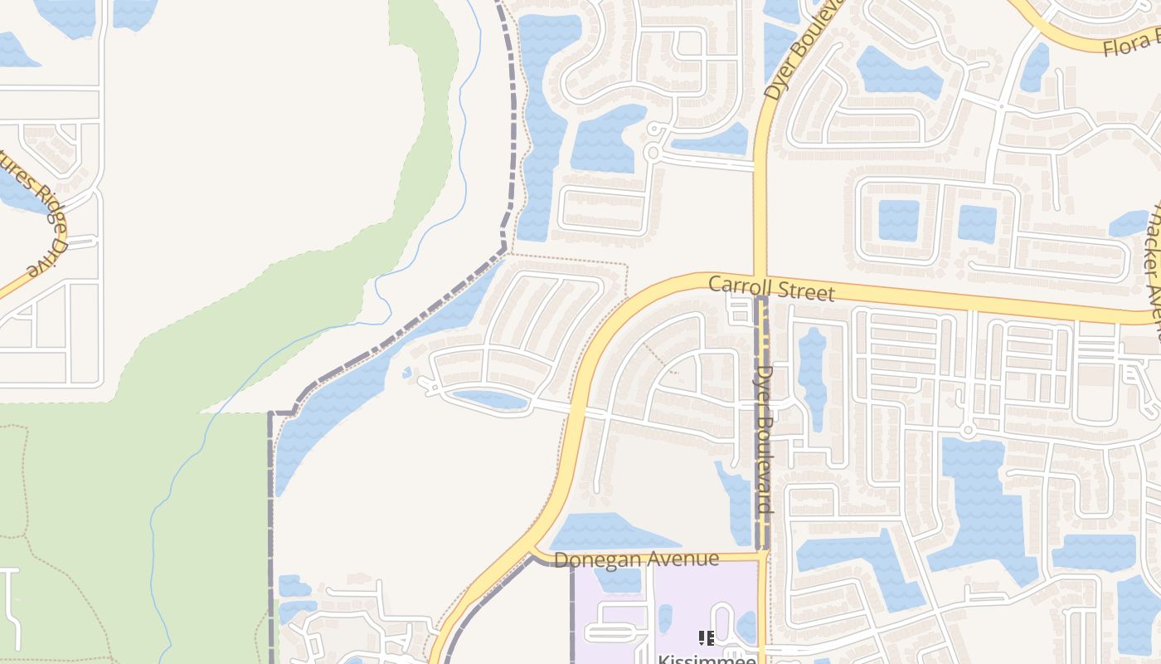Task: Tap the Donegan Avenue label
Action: (636, 559)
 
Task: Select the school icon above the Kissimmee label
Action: (706, 637)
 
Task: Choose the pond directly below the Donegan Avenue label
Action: (618, 580)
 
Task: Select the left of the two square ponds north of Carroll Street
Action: (899, 220)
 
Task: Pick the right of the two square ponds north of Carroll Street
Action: (977, 223)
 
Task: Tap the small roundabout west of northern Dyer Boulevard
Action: (652, 154)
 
